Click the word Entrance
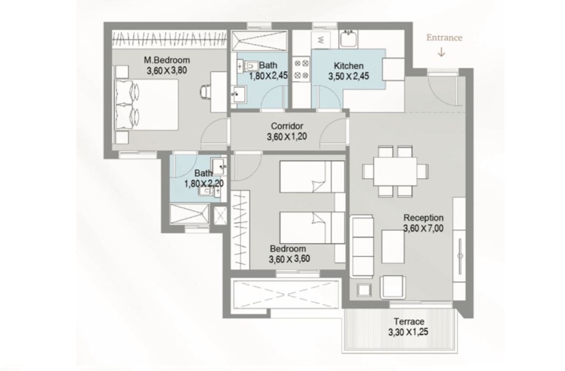[444, 38]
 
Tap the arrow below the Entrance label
[441, 52]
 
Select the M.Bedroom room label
[167, 60]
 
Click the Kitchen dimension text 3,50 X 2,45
[348, 76]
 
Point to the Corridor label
[287, 126]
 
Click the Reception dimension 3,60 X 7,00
[423, 228]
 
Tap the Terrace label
[408, 321]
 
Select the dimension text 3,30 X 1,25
[408, 332]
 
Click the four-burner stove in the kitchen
[301, 69]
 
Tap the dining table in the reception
[395, 171]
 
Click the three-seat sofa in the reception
[362, 246]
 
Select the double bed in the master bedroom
[146, 105]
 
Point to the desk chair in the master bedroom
[205, 91]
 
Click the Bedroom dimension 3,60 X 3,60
[289, 259]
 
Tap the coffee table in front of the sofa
[393, 247]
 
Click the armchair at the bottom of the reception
[393, 287]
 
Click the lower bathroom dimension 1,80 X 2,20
[204, 184]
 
